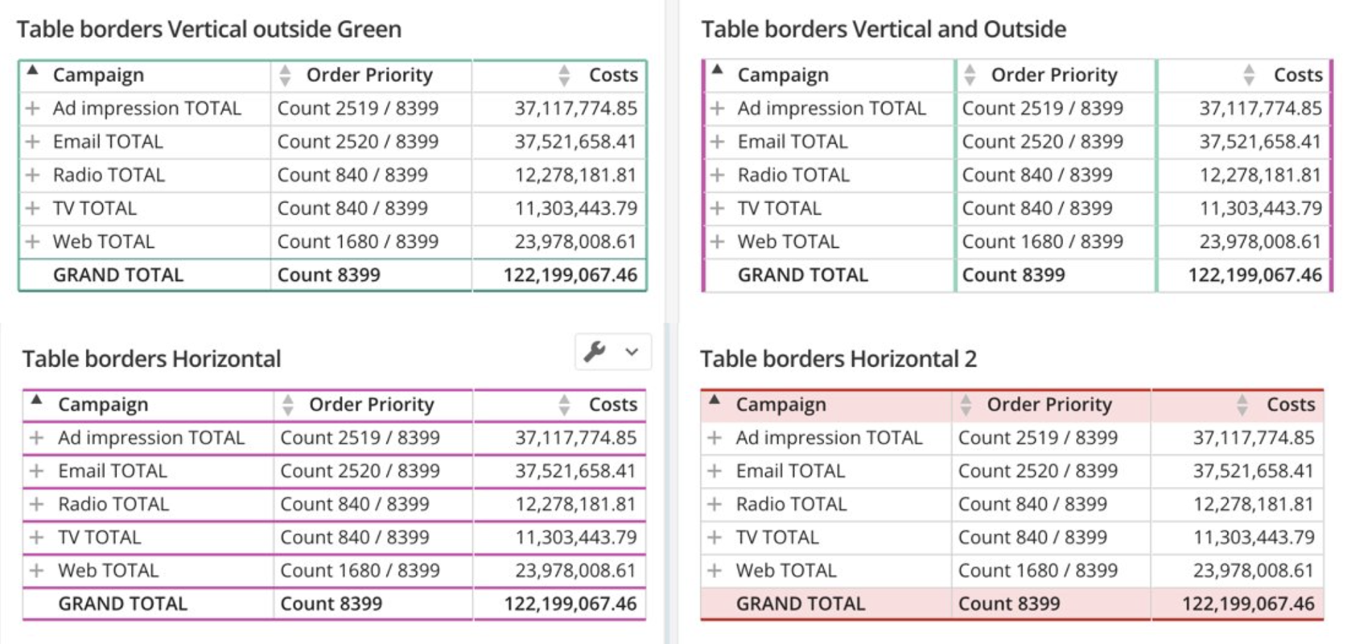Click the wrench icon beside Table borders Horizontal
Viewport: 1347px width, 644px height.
pos(595,352)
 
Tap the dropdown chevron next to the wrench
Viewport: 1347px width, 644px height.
pos(632,352)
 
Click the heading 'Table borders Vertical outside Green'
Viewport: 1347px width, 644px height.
pos(209,30)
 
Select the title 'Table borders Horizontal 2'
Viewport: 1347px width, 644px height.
pos(838,359)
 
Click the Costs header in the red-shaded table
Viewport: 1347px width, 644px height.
pos(1290,405)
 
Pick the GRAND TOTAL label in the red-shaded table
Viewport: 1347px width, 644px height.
pos(800,604)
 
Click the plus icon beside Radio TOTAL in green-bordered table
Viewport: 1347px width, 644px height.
pos(32,175)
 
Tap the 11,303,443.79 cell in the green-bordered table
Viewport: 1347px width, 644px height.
pos(575,208)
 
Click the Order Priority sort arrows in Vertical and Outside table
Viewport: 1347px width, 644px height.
pos(970,75)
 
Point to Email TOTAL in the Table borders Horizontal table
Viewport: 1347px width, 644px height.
pos(112,471)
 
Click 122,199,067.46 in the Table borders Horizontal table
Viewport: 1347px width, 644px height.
pos(570,604)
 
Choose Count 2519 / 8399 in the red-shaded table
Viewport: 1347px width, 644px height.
pos(1037,438)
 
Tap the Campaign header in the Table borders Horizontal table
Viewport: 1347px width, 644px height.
pos(103,405)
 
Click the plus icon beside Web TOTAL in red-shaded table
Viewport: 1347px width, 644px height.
pos(714,571)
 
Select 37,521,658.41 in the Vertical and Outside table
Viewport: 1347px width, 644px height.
pos(1259,142)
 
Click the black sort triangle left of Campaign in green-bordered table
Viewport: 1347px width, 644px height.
pos(32,71)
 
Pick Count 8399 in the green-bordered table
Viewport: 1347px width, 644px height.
pos(328,275)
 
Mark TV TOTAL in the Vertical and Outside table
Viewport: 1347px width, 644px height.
pos(779,208)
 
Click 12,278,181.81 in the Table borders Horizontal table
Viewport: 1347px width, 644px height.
pos(575,505)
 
